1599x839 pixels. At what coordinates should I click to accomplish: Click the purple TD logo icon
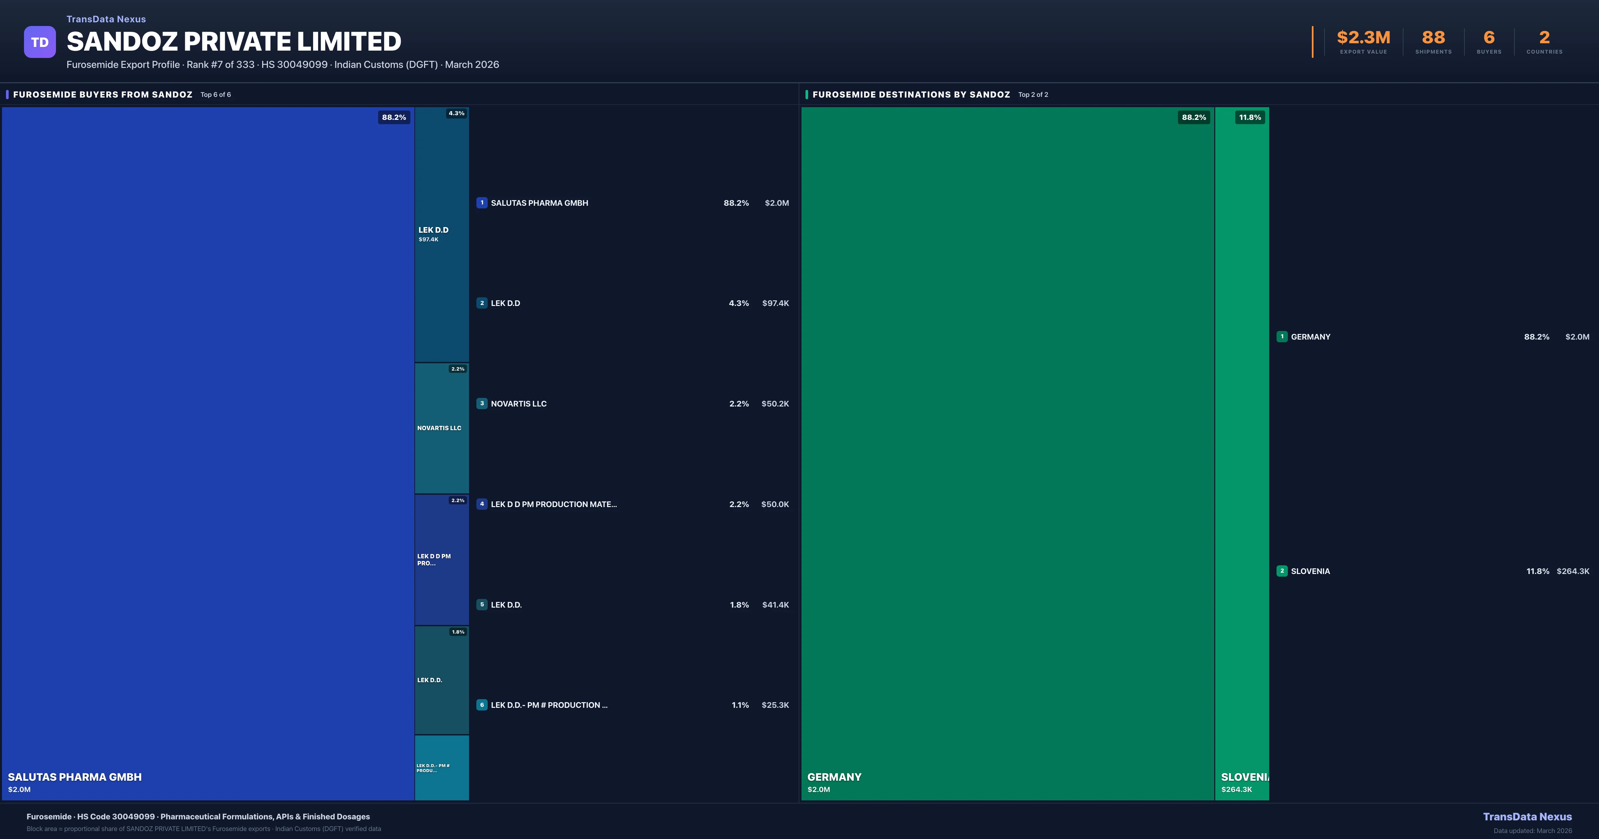tap(40, 42)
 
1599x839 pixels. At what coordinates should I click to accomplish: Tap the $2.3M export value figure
tap(1363, 38)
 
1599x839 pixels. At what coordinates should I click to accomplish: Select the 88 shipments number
tap(1433, 38)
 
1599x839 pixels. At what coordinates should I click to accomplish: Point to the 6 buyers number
tap(1488, 38)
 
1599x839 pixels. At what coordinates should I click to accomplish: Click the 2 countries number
tap(1544, 38)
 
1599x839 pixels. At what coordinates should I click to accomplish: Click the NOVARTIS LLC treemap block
tap(441, 428)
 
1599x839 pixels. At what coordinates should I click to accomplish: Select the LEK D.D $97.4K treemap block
tap(441, 235)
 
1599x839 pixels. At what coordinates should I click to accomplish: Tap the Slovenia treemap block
tap(1242, 453)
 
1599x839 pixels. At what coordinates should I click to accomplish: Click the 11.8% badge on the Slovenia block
tap(1250, 117)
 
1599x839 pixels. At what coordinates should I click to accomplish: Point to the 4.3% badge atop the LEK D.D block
tap(456, 114)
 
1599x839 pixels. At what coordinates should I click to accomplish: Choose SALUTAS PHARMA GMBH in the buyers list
tap(539, 203)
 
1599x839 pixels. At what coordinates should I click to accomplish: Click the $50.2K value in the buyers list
tap(775, 404)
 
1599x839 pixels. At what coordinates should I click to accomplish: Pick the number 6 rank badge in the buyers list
tap(482, 705)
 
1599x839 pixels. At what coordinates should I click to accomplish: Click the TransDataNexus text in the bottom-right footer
tap(1527, 817)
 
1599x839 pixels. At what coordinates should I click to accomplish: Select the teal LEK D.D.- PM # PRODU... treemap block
tap(441, 768)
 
